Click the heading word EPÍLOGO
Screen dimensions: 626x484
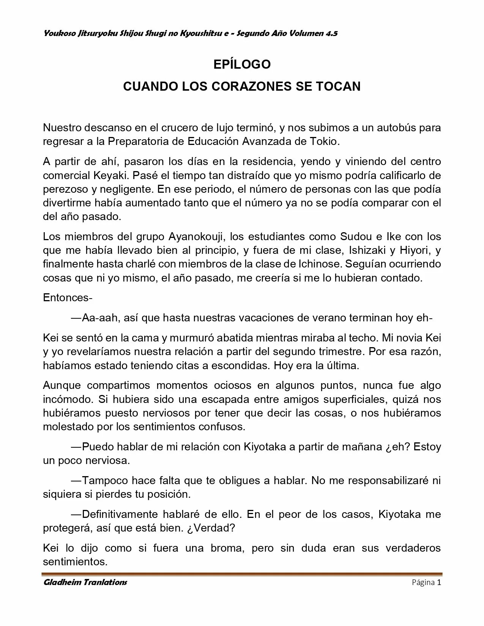click(x=242, y=64)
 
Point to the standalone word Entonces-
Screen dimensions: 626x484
click(x=68, y=297)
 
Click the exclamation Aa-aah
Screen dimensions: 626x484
click(x=96, y=318)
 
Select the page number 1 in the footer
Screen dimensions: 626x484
click(x=439, y=582)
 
